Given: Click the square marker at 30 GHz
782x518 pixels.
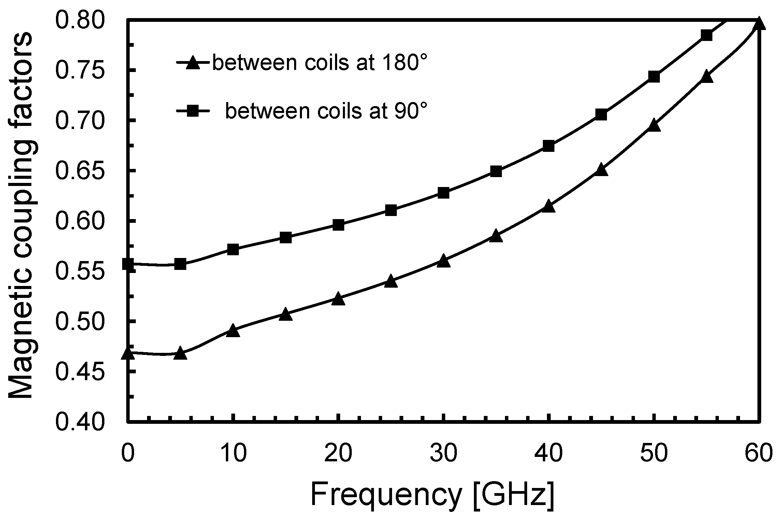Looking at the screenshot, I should [x=443, y=193].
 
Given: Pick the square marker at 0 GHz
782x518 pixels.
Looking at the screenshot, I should [x=128, y=264].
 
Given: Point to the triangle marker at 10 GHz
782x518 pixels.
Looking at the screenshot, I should [x=233, y=331].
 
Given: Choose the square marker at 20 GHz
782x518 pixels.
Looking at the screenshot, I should [x=338, y=225].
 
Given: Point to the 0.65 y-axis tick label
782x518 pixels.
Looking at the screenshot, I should [x=79, y=171].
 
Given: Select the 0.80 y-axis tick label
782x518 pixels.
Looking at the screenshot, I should [x=79, y=21].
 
